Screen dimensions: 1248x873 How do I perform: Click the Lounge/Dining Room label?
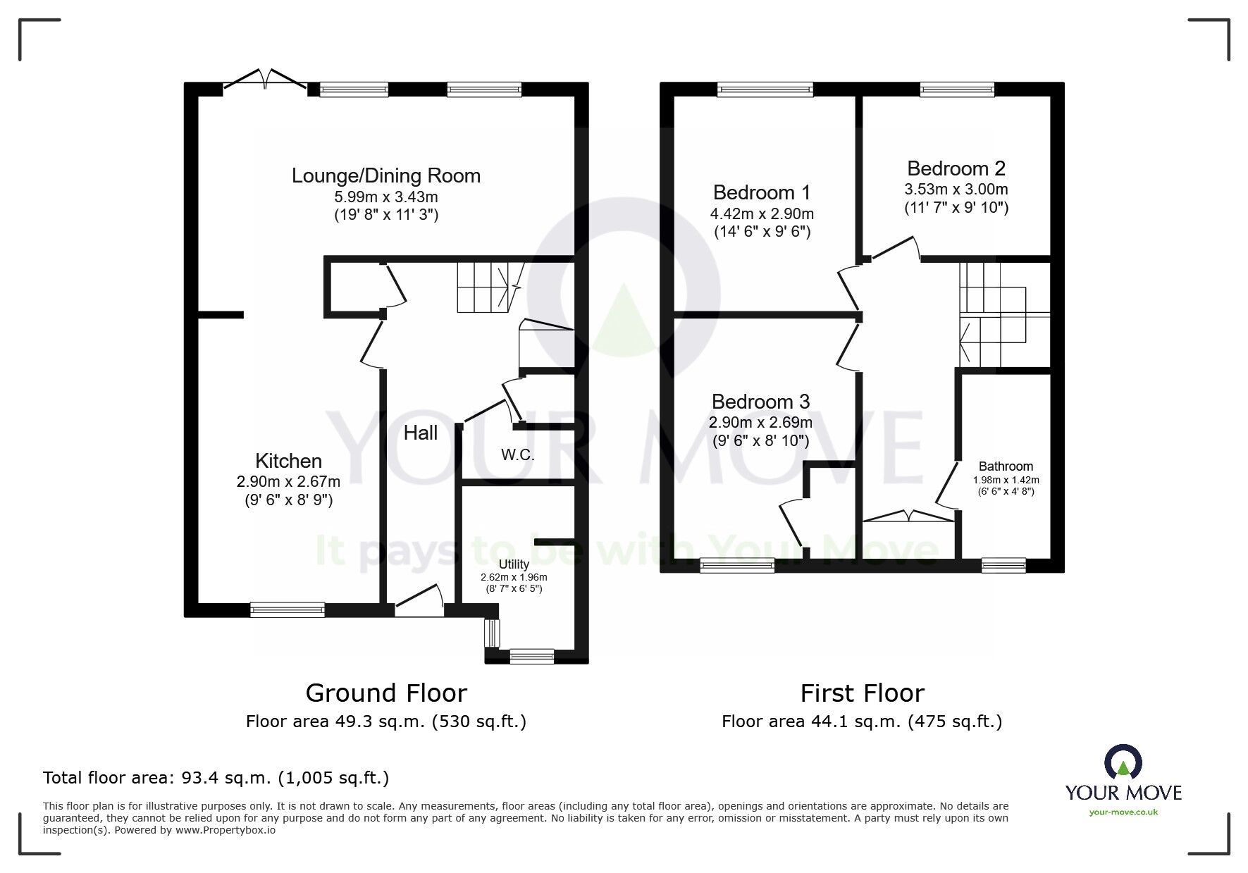(x=386, y=175)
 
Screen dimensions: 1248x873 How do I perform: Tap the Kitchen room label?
(x=288, y=461)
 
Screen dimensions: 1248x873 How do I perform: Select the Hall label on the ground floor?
(x=421, y=433)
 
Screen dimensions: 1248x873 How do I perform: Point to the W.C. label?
(x=518, y=455)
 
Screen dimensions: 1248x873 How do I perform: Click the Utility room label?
(x=514, y=564)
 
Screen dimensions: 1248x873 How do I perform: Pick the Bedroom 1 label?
(x=762, y=192)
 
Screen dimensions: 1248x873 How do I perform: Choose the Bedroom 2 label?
(x=956, y=168)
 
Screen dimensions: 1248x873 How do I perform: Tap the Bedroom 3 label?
(x=761, y=402)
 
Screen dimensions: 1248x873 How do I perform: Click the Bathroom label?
(x=1006, y=466)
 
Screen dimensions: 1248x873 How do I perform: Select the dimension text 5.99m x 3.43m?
(x=386, y=197)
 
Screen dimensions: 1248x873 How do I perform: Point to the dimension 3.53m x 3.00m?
(x=956, y=190)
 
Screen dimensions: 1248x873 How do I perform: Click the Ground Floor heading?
(x=386, y=693)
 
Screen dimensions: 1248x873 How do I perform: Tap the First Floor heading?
(x=862, y=693)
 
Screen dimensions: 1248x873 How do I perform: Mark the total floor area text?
(x=216, y=778)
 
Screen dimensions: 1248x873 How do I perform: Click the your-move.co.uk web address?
(x=1123, y=812)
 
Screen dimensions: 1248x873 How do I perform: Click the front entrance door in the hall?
(x=419, y=601)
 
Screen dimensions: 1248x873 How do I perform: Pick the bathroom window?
(x=1003, y=565)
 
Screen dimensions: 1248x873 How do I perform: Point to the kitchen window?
(x=288, y=610)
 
